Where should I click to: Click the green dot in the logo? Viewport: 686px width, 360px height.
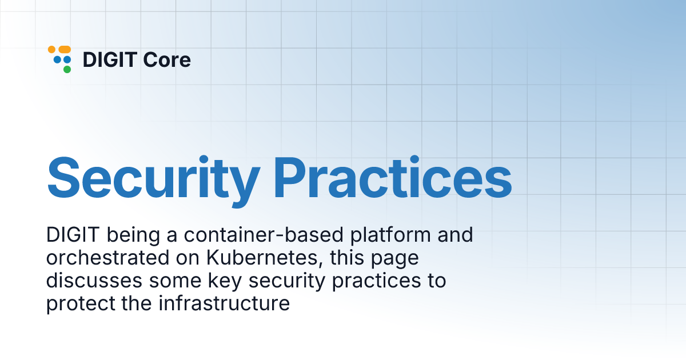[x=67, y=70]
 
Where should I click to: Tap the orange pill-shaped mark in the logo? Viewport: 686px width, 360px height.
[x=64, y=50]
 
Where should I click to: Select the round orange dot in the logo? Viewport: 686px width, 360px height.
[x=51, y=50]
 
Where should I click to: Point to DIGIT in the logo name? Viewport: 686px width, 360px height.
[x=109, y=59]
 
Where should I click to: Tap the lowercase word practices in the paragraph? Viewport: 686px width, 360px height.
[x=377, y=281]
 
